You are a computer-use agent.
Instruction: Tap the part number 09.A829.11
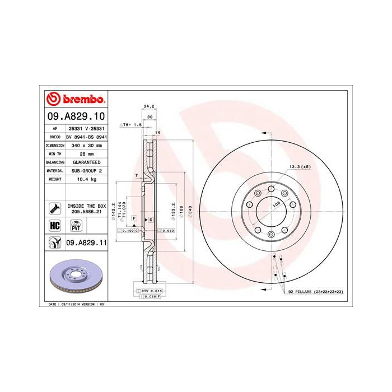click(86, 242)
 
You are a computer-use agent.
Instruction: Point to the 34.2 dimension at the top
click(149, 105)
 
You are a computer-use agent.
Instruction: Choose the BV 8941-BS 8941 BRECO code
click(86, 136)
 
